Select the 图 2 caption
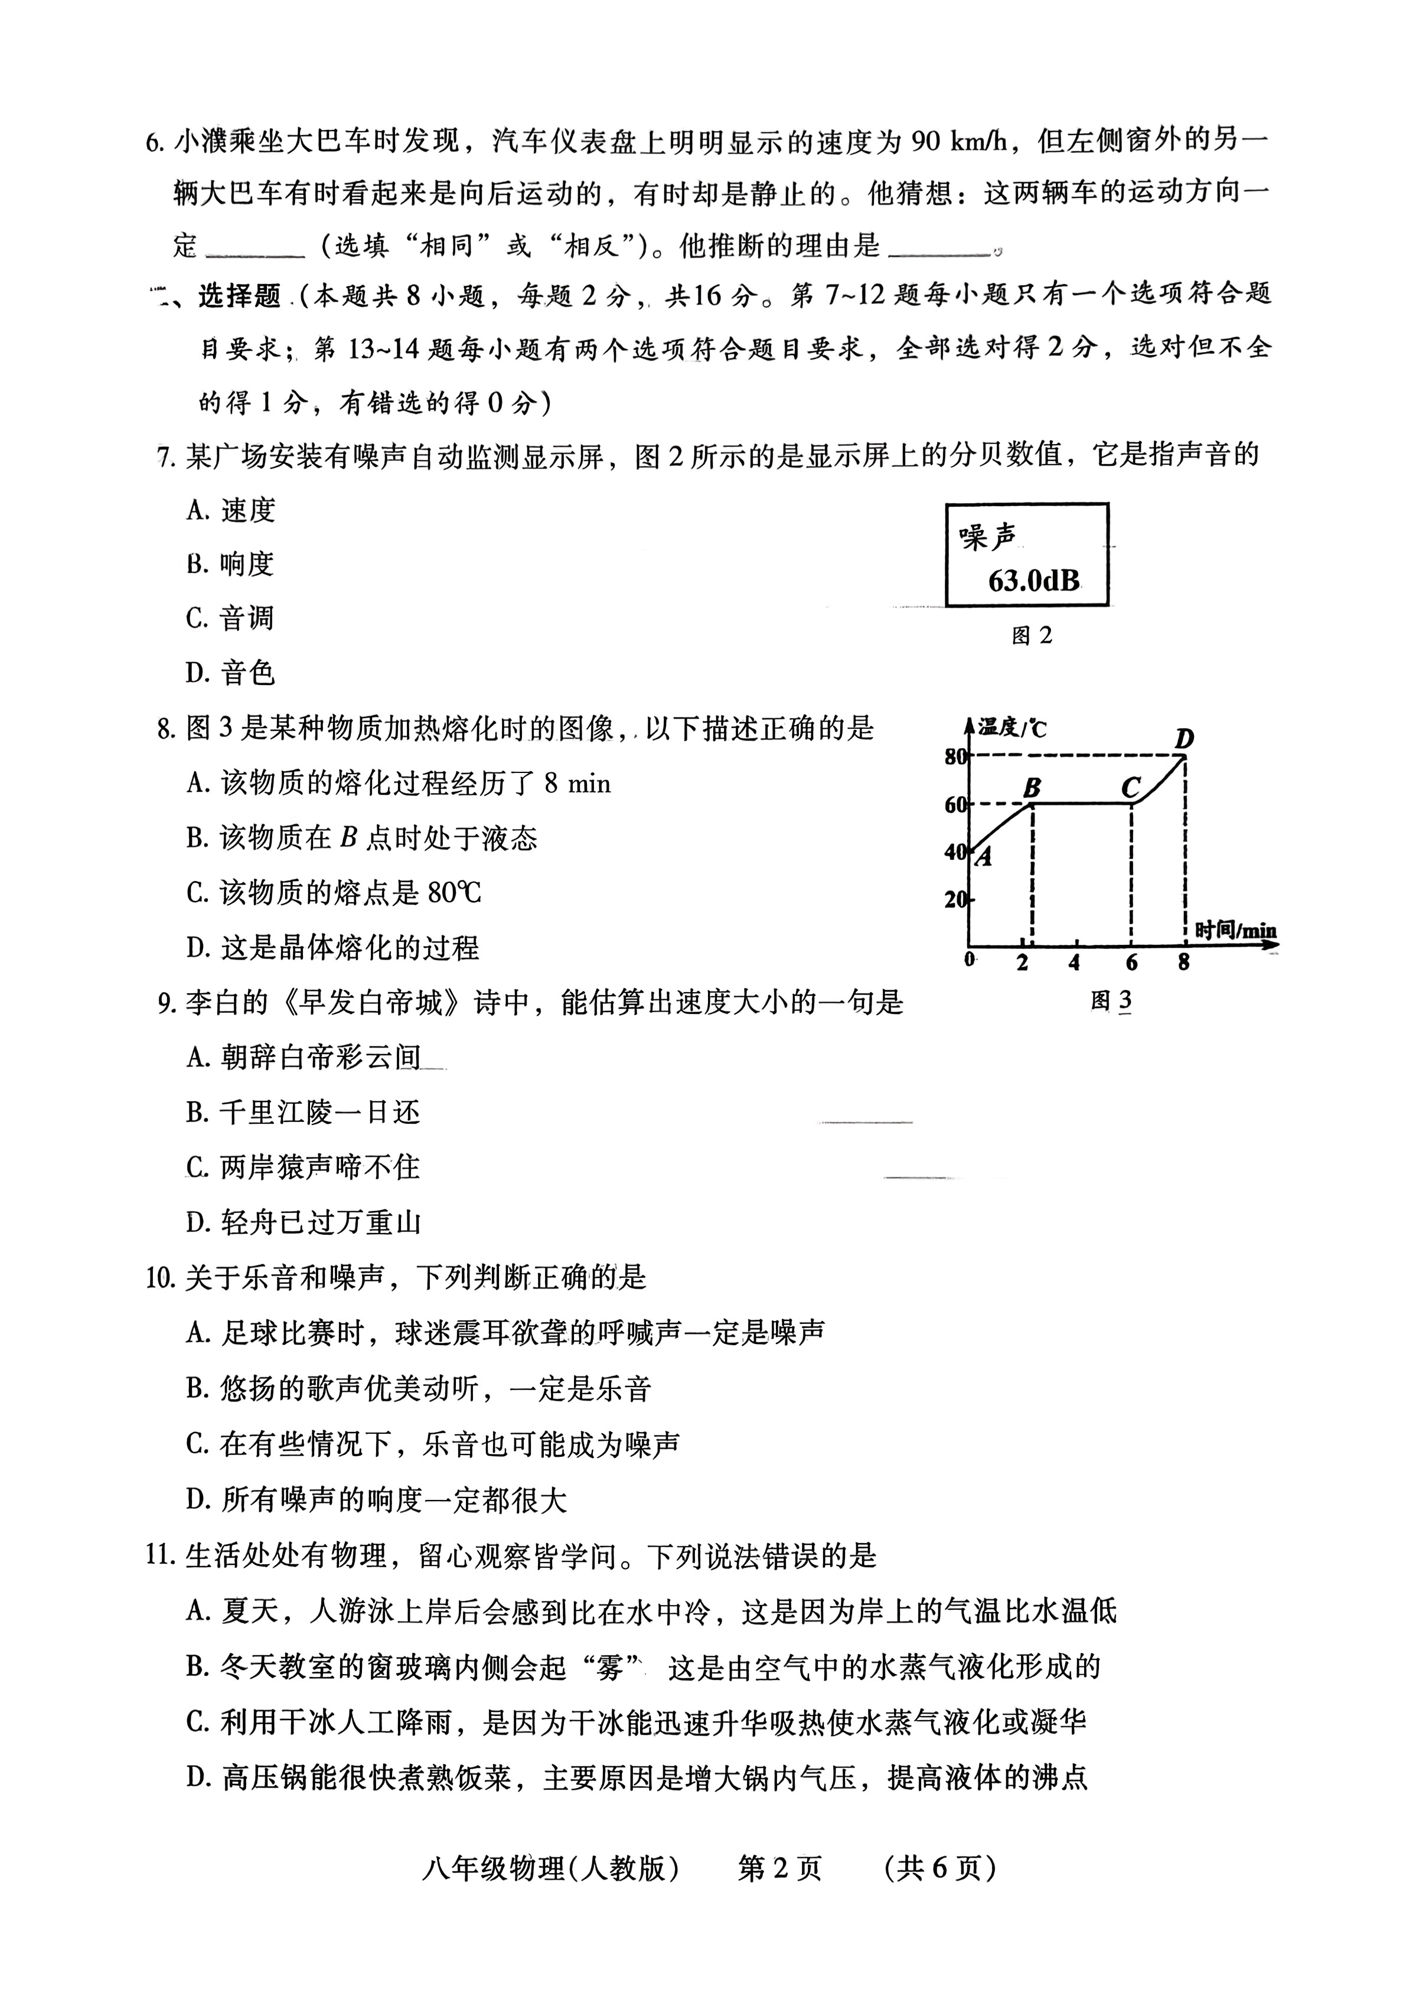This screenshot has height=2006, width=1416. (1032, 636)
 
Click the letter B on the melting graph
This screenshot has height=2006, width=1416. (1032, 788)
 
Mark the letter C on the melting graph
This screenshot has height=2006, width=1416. (1130, 788)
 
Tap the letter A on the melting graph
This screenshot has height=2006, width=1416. (984, 858)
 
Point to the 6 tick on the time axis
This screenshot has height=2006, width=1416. (1131, 963)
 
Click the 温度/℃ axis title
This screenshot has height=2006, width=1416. (1013, 727)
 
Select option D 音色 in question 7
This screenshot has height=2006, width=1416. (230, 673)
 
